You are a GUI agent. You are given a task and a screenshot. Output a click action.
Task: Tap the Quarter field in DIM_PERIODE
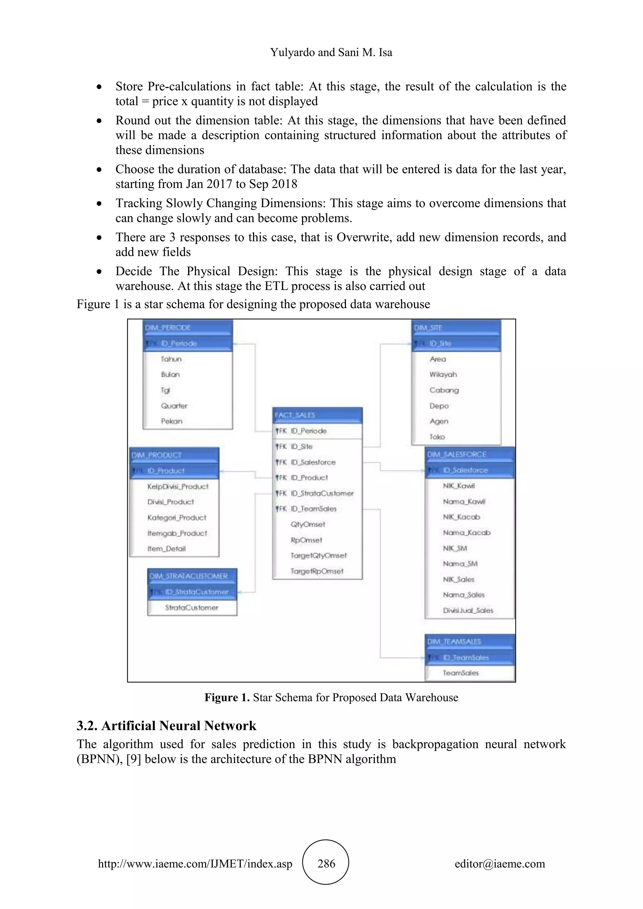174,406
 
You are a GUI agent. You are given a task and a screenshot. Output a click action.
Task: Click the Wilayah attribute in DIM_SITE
443,374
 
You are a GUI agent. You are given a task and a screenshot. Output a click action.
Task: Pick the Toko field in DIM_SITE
437,437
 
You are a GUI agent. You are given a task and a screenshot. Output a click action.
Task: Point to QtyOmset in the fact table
308,524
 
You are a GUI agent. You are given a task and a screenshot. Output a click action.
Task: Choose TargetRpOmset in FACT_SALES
317,571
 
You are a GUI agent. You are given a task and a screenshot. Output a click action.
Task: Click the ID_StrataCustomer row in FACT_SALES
322,493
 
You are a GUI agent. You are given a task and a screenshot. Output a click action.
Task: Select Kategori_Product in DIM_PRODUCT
176,518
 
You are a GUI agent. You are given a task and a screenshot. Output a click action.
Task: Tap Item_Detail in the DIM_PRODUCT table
166,549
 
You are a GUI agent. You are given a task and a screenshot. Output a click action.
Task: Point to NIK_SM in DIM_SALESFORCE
455,548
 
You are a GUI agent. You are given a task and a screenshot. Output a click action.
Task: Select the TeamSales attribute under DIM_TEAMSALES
461,673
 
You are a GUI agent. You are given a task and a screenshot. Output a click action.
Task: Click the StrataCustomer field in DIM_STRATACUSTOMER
192,608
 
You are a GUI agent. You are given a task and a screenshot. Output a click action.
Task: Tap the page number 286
326,863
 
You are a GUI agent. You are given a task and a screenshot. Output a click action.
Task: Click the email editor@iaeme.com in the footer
500,863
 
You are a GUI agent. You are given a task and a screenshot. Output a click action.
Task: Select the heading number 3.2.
87,726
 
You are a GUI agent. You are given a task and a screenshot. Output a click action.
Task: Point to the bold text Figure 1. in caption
227,697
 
